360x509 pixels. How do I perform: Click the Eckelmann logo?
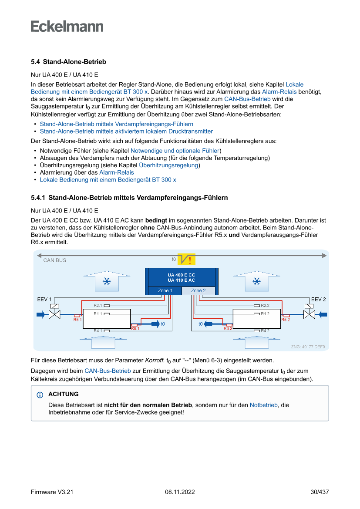click(x=67, y=26)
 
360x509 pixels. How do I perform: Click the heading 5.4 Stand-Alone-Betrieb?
click(x=68, y=62)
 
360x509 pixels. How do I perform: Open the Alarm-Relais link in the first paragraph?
click(x=279, y=92)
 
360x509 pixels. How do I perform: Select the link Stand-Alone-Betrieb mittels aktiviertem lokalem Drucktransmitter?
click(x=126, y=131)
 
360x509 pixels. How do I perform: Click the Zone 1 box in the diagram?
click(x=165, y=290)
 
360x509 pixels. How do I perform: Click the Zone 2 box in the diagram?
click(x=198, y=290)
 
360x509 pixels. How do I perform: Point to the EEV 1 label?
click(x=44, y=300)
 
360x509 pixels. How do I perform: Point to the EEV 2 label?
click(x=318, y=300)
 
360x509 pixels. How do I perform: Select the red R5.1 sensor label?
click(x=77, y=320)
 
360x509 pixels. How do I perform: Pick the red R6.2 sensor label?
click(x=228, y=329)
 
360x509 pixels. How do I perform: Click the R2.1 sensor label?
click(x=98, y=306)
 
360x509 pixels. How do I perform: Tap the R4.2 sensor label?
click(x=265, y=331)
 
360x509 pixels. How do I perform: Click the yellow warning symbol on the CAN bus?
click(x=189, y=260)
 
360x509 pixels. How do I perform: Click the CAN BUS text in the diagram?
click(x=55, y=260)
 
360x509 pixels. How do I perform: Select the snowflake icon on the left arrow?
click(x=106, y=282)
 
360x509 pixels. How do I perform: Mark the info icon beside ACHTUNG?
click(x=40, y=395)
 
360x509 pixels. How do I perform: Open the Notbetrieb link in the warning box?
click(x=264, y=405)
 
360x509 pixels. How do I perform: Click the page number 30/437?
click(x=320, y=492)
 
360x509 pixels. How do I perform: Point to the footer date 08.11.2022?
click(x=180, y=492)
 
